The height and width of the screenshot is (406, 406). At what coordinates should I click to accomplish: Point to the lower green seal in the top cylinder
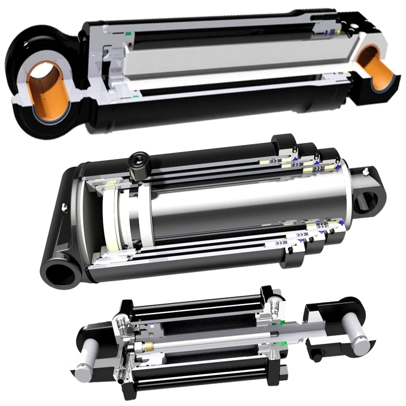click(134, 97)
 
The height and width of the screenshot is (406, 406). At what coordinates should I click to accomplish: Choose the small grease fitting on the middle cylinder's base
click(64, 207)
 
